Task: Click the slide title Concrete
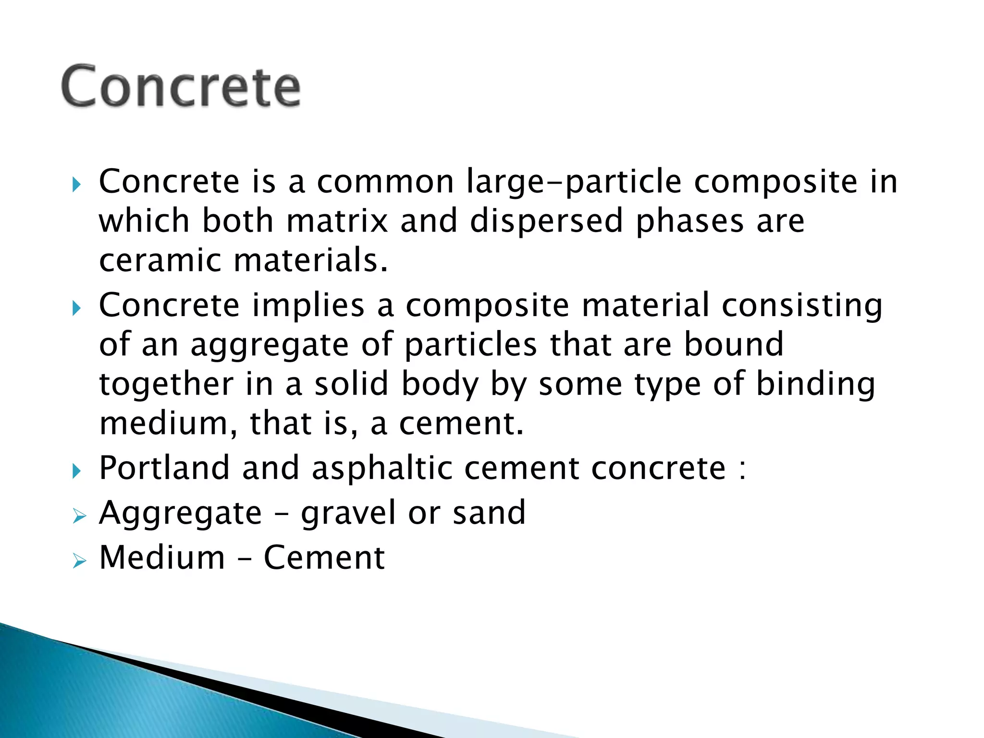(181, 86)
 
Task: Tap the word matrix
(337, 221)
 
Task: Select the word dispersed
(546, 221)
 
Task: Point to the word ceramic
(160, 260)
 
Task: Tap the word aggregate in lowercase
(270, 345)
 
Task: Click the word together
(166, 384)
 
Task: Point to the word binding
(815, 384)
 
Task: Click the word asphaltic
(382, 468)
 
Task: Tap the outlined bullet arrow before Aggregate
(79, 517)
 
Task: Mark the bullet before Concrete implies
(77, 308)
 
